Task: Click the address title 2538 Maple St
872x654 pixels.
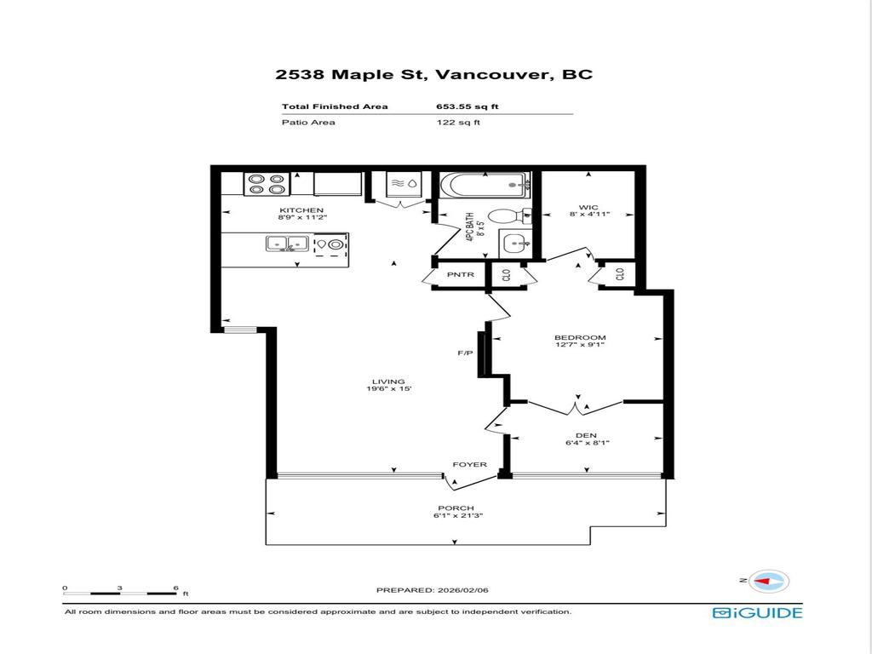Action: tap(353, 74)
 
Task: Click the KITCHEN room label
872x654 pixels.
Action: tap(301, 210)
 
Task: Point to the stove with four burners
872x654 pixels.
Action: tap(266, 183)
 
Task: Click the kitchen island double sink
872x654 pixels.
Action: tap(285, 245)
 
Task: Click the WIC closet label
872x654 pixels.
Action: tap(588, 207)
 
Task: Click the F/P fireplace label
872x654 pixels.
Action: tap(465, 353)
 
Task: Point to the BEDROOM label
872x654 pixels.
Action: tap(580, 337)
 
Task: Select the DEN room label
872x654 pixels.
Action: tap(585, 435)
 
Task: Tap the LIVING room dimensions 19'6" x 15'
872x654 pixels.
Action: tap(387, 390)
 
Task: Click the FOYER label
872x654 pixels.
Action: tap(469, 464)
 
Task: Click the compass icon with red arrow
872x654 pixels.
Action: tap(770, 581)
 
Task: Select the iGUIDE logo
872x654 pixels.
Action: tap(757, 612)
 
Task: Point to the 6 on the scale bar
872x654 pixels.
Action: tap(175, 588)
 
